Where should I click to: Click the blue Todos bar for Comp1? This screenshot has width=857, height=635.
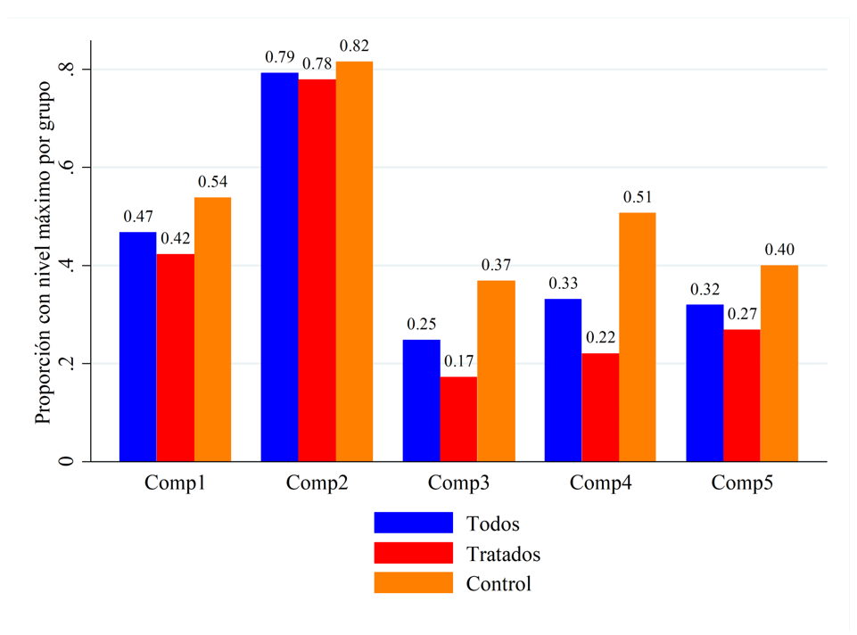(137, 347)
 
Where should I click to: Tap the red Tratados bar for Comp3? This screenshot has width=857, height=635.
(458, 419)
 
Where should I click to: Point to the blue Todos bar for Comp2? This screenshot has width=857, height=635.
(279, 268)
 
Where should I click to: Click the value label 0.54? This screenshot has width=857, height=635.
(212, 182)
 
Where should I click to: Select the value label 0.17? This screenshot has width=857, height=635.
(458, 362)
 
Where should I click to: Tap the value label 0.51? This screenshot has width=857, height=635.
(638, 197)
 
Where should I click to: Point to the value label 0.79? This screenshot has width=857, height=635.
(279, 58)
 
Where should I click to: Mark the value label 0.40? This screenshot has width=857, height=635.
(779, 250)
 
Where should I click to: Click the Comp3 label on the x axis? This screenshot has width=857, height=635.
(458, 484)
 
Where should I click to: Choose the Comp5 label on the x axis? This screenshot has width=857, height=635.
(742, 484)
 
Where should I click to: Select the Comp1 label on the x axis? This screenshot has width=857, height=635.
(175, 484)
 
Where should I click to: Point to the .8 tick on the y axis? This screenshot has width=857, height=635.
(65, 70)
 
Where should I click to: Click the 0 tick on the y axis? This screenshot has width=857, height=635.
(65, 461)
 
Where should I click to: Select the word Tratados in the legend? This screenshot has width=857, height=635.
(503, 554)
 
